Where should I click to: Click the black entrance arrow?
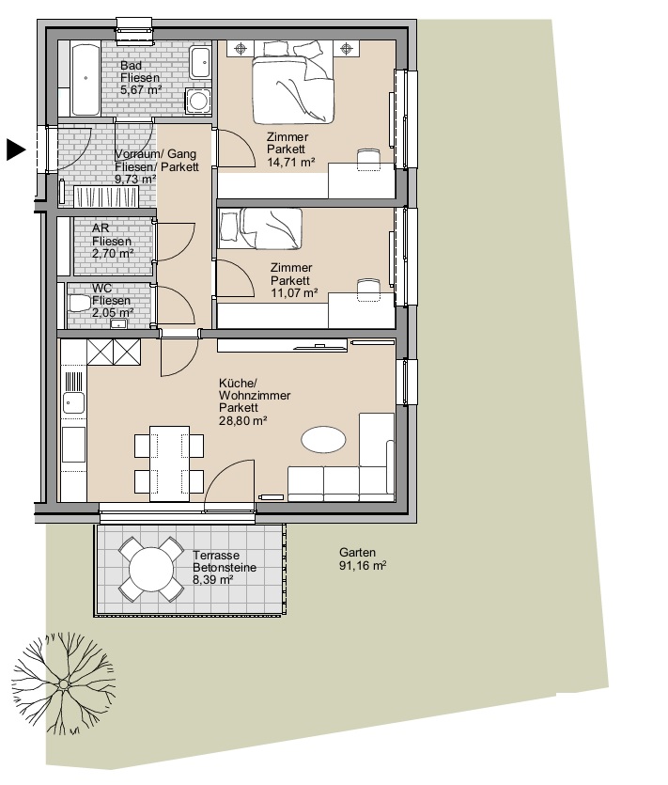tap(16, 149)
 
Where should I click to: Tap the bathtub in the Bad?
tap(85, 80)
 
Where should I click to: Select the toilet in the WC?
tap(78, 304)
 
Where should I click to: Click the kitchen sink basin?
tap(73, 402)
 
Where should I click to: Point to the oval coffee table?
tap(323, 440)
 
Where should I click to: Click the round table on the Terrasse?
tap(151, 569)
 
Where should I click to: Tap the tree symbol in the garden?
tap(64, 683)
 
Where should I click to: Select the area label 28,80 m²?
tap(242, 420)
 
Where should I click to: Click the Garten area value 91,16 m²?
tap(363, 565)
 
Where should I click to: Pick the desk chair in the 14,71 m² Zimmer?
tap(367, 160)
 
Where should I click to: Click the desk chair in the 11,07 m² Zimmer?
tap(368, 290)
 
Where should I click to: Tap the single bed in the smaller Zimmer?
tap(260, 228)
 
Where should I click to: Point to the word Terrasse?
tap(216, 556)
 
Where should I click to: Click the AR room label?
tap(101, 228)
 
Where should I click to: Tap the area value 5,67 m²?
tap(141, 90)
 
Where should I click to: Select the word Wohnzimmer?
tap(255, 396)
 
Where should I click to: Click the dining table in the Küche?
tap(170, 463)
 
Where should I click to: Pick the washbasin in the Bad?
tap(200, 63)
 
